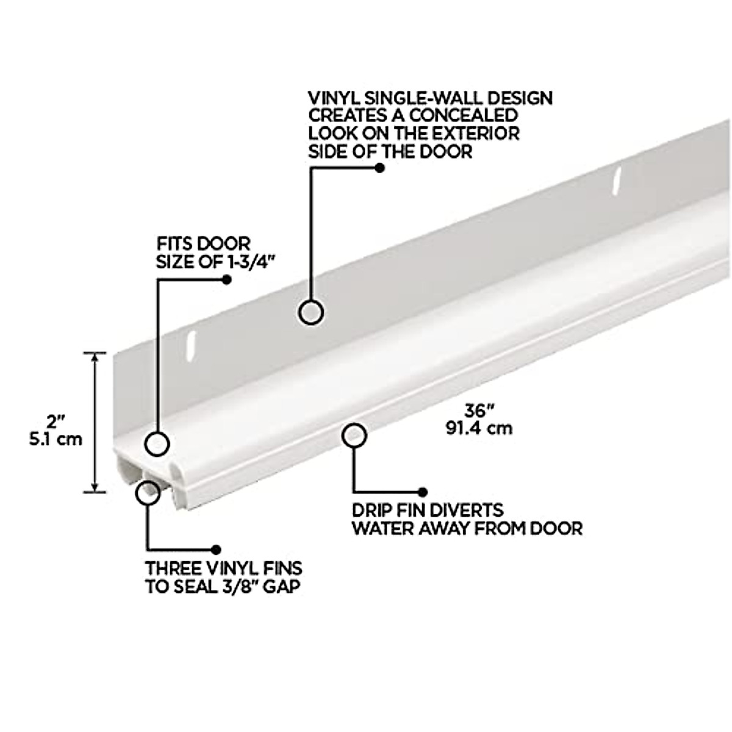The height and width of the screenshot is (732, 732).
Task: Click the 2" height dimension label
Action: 56,421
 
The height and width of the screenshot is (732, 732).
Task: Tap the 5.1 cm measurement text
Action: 56,439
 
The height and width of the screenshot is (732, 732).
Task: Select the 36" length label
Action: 478,410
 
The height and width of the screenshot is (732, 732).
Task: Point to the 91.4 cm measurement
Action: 479,428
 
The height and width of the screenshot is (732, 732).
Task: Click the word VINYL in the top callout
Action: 333,98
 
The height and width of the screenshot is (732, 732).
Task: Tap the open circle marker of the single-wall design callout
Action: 311,312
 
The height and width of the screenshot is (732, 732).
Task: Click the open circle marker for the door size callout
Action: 157,443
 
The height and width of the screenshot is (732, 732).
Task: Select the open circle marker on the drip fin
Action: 354,436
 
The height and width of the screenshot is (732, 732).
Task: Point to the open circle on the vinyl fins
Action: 147,492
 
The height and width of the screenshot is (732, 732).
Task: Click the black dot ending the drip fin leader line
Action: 422,492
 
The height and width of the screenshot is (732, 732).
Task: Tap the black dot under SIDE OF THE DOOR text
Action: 379,168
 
